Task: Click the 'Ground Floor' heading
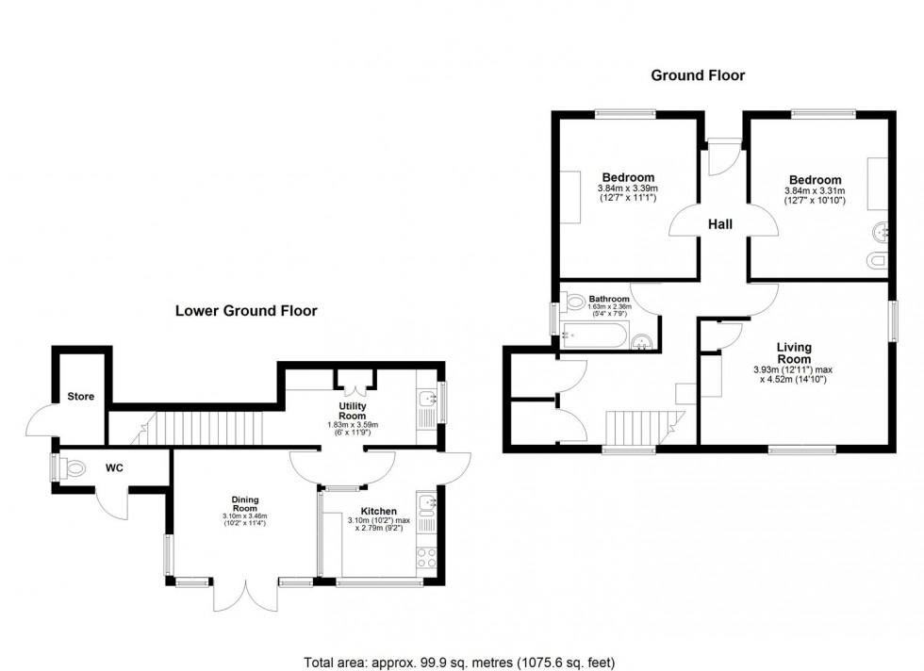[698, 75]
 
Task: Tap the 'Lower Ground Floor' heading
[245, 310]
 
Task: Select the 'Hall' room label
[721, 224]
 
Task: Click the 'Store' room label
[81, 397]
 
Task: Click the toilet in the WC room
[72, 467]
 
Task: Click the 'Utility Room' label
[352, 410]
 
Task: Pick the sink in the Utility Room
[427, 400]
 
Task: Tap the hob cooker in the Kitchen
[427, 556]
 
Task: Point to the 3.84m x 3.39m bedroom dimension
[628, 191]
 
